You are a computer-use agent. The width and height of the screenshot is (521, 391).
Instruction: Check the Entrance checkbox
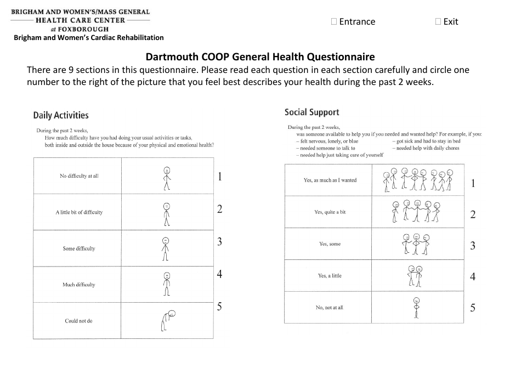[x=335, y=22]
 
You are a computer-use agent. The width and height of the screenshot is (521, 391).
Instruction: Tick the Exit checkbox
[x=438, y=22]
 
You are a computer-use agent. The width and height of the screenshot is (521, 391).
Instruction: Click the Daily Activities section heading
[x=61, y=115]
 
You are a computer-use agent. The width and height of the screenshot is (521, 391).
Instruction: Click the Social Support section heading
[x=312, y=112]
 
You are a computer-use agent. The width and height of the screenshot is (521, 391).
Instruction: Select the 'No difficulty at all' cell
[x=79, y=176]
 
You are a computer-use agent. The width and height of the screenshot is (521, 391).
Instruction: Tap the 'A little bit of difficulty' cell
[x=79, y=212]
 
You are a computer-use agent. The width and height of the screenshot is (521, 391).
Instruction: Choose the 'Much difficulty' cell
[x=79, y=285]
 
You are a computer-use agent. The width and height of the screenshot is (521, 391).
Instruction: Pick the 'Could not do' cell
[x=79, y=321]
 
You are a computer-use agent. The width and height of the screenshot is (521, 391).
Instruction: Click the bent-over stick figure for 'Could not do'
[x=167, y=321]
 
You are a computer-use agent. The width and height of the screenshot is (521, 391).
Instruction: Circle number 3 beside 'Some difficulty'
[x=219, y=242]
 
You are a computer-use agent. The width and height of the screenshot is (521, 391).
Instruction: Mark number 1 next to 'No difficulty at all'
[x=219, y=177]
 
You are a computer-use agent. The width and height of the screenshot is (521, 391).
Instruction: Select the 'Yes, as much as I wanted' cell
[x=330, y=180]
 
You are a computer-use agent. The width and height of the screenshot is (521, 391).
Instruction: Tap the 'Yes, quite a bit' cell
[x=330, y=212]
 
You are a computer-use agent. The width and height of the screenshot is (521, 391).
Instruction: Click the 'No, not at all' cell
[x=330, y=308]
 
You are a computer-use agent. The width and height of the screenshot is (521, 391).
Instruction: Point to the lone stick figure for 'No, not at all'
[x=416, y=308]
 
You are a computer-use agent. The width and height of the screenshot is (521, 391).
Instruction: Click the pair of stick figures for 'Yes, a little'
[x=416, y=276]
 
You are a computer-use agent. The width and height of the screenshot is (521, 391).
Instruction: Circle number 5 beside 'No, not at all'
[x=473, y=308]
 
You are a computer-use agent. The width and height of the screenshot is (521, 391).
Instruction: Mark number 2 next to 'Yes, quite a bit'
[x=473, y=214]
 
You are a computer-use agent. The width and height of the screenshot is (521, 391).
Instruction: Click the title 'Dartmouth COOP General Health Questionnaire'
[x=260, y=56]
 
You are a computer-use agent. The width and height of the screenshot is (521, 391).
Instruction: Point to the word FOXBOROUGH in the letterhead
[x=84, y=29]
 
